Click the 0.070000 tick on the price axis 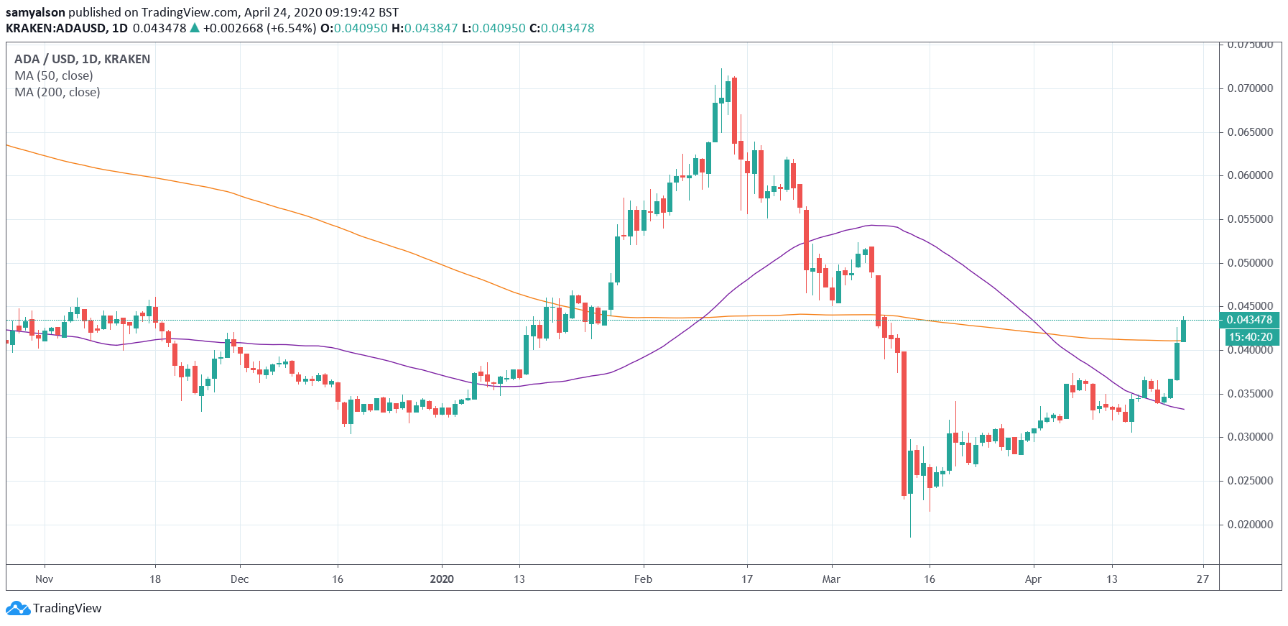point(1249,88)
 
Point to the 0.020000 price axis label point(1249,525)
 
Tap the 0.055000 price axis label point(1249,219)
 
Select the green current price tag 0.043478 point(1249,320)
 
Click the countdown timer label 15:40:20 point(1250,336)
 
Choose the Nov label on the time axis point(44,579)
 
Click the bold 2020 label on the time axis point(441,579)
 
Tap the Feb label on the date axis point(643,579)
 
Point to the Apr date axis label point(1033,579)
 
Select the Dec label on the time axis point(239,579)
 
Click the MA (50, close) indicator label point(54,75)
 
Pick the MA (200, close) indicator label point(57,92)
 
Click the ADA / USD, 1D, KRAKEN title point(82,59)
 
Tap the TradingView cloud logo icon point(17,609)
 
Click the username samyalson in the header point(35,12)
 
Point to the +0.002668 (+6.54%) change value point(259,28)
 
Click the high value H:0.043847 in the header point(424,28)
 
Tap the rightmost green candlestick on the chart point(1183,331)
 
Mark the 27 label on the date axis point(1203,579)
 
